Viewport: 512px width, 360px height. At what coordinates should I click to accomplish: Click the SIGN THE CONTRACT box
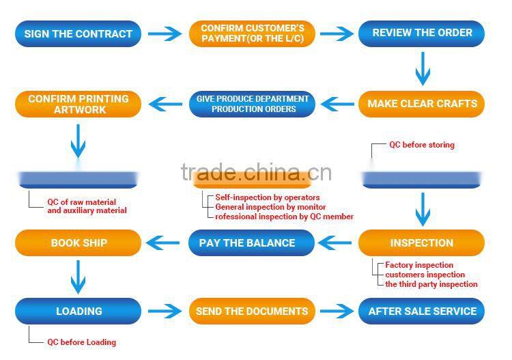pos(79,33)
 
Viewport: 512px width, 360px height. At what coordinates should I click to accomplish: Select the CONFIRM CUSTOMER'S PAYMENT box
pos(252,33)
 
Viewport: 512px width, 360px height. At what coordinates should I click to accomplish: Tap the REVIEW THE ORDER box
pos(422,33)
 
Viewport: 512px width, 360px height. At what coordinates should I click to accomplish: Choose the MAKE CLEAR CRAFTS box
pos(422,104)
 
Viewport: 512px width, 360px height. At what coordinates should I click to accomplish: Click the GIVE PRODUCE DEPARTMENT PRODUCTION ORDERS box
pos(252,104)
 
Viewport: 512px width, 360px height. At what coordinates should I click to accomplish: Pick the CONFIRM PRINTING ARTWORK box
pos(79,104)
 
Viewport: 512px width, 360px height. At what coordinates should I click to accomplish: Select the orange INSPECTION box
pos(422,243)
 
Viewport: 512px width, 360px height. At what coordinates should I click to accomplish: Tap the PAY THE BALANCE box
pos(252,243)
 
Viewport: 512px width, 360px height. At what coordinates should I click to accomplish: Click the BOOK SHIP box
pos(79,243)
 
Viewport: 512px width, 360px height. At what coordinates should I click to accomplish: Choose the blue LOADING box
pos(79,311)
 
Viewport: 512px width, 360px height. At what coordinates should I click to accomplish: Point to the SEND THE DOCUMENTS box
pos(252,311)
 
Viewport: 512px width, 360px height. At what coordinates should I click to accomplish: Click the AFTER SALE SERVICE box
pos(422,311)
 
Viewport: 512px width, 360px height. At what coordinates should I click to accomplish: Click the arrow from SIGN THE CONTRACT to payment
pos(165,33)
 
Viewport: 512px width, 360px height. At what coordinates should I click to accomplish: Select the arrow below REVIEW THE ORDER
pos(423,69)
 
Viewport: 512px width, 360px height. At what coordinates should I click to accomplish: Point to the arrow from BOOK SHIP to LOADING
pos(79,276)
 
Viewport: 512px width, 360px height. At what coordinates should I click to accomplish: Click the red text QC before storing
pos(421,145)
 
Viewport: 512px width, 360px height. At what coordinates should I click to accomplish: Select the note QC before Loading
pos(81,342)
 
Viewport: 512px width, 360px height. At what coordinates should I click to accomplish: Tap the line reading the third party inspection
pos(431,284)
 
